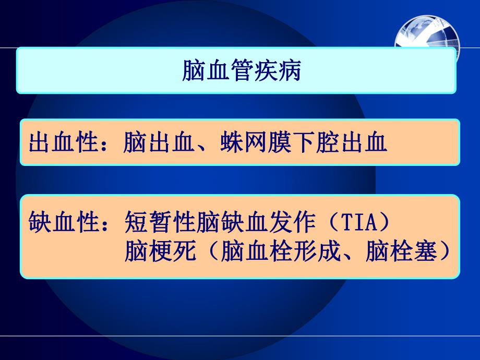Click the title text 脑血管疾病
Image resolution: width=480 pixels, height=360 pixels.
coord(241,71)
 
